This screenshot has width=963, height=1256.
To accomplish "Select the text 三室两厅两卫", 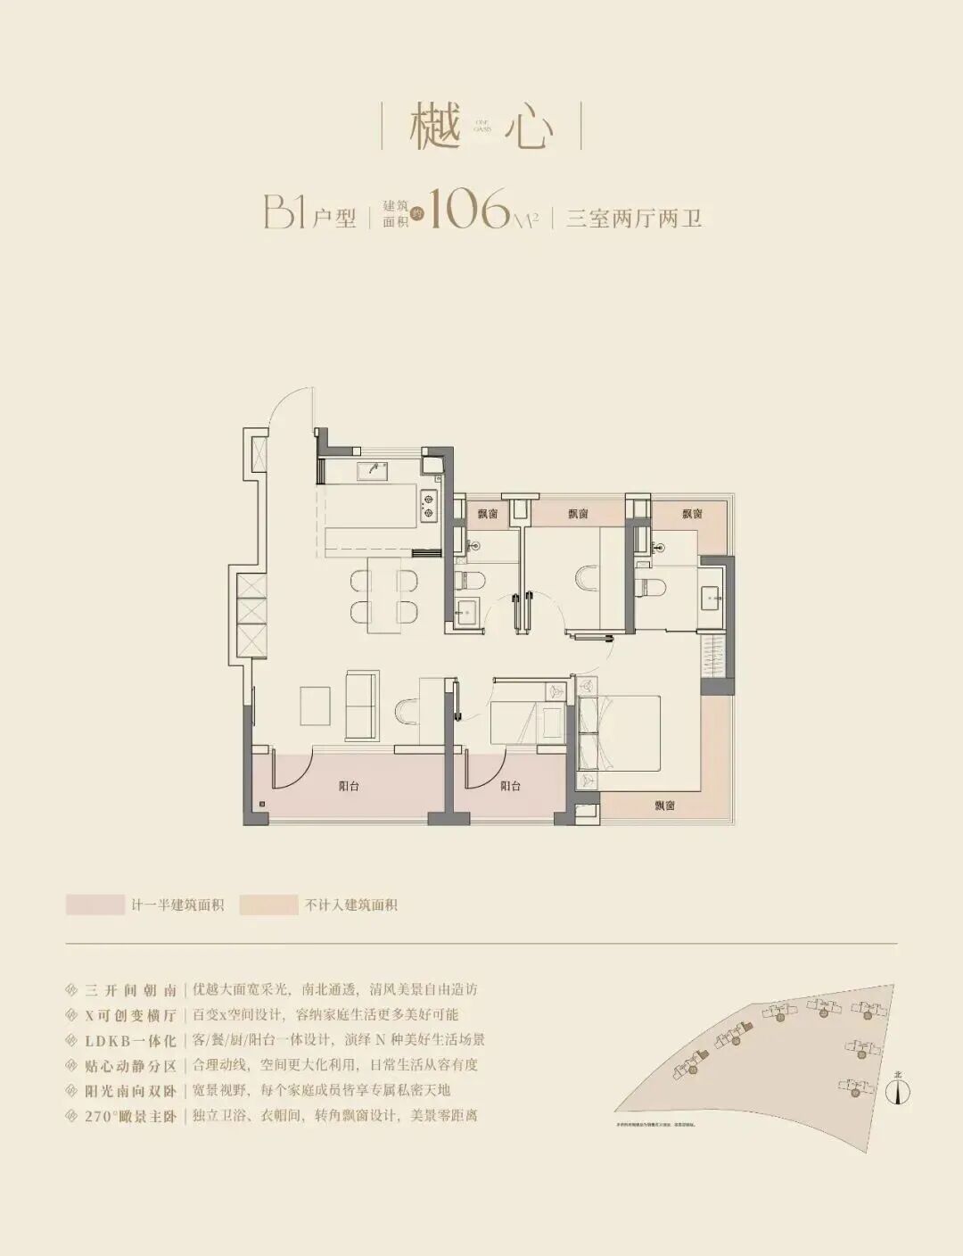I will click(634, 218).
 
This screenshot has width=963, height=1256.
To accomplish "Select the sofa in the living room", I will click(361, 704).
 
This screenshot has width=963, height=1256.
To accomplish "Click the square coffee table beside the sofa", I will click(316, 706).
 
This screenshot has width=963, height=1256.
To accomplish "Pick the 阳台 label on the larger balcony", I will click(349, 786).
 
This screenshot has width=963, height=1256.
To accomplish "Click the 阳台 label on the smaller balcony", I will click(510, 786).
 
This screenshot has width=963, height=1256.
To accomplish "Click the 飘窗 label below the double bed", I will click(664, 805).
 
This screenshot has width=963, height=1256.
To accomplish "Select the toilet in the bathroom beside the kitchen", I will click(471, 582).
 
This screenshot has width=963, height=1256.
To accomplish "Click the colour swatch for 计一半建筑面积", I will click(95, 905).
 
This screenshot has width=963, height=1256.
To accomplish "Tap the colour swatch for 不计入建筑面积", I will click(268, 905).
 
